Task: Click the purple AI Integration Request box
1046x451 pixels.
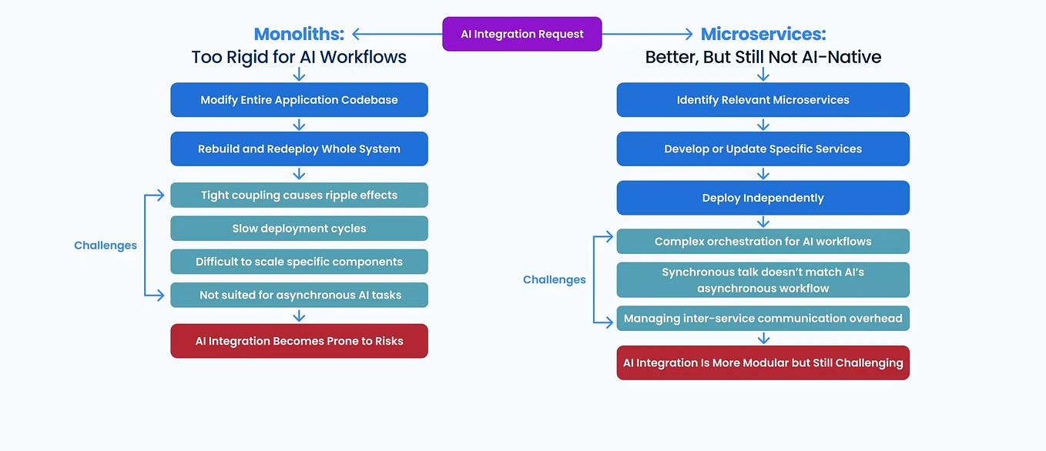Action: (521, 34)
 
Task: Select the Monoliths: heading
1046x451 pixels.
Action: (299, 34)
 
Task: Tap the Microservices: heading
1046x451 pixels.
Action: (763, 34)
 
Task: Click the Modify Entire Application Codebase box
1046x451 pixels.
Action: (299, 100)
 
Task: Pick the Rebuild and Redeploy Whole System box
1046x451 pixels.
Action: (299, 149)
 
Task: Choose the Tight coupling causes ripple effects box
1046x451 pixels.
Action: (299, 195)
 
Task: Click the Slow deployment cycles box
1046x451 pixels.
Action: (299, 229)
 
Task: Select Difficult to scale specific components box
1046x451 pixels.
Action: (299, 262)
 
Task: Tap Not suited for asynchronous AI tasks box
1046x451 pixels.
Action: (299, 295)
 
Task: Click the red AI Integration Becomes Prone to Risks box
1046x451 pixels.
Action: (299, 341)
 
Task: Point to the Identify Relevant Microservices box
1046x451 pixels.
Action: (763, 100)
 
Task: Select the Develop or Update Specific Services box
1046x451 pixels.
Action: (763, 149)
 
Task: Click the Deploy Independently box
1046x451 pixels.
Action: (763, 198)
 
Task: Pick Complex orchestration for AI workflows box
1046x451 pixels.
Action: (763, 242)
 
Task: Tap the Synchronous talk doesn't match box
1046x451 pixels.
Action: (763, 280)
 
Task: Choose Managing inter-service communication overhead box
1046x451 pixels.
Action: (763, 319)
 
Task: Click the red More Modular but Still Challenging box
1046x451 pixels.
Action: (763, 362)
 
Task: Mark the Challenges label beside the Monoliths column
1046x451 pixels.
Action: (106, 246)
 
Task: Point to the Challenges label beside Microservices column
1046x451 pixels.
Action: (555, 280)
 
